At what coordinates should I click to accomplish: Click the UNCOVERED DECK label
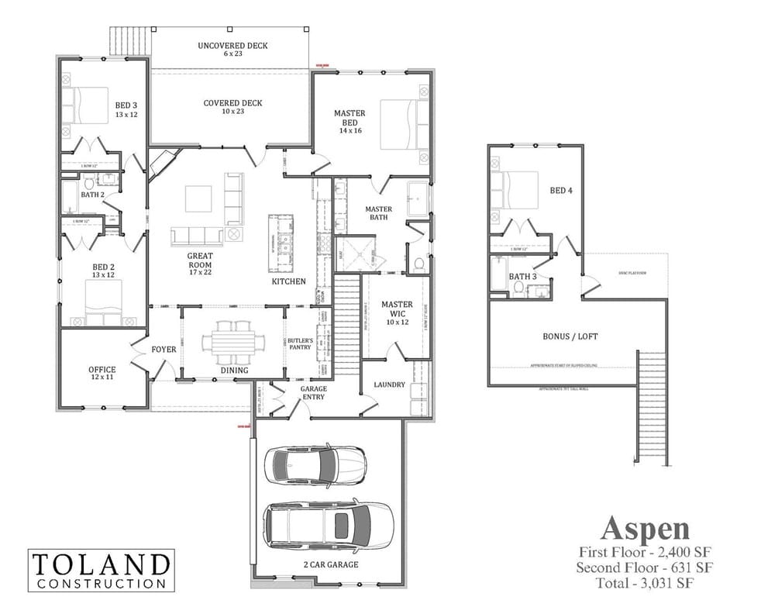click(x=232, y=46)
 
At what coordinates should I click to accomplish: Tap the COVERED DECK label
click(x=232, y=103)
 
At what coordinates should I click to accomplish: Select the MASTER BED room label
click(x=350, y=118)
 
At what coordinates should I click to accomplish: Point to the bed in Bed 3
click(x=86, y=105)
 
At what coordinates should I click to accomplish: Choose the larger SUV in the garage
click(x=329, y=526)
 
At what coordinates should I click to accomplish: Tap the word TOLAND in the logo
click(x=101, y=564)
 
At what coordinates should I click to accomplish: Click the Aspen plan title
click(x=645, y=529)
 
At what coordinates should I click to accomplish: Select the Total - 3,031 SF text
click(x=645, y=582)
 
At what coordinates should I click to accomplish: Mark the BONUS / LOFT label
click(x=571, y=336)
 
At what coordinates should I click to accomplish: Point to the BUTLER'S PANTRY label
click(x=299, y=343)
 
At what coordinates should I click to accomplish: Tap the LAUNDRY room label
click(x=389, y=385)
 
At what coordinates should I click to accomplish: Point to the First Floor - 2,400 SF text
click(x=645, y=552)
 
